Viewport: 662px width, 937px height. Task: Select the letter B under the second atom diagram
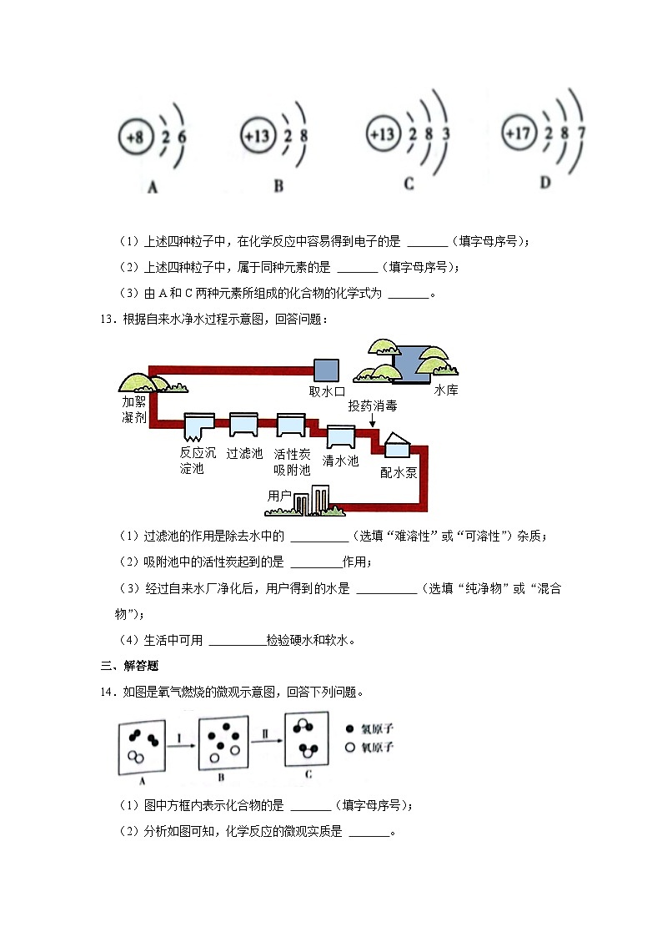(278, 186)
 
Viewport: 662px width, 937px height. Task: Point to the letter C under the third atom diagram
(409, 184)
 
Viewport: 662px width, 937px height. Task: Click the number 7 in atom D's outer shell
(580, 132)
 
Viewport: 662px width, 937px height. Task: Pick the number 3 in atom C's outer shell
(446, 133)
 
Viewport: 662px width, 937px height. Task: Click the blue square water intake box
(323, 369)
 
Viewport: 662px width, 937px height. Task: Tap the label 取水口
(327, 390)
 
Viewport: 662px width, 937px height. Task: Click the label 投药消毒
(373, 406)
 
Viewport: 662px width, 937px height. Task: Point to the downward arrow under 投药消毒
(373, 422)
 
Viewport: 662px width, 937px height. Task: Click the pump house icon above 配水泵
(397, 446)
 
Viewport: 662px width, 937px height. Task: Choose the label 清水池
(340, 461)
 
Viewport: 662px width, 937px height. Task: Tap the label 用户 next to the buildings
(279, 496)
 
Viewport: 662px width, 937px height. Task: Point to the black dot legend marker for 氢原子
(349, 728)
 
